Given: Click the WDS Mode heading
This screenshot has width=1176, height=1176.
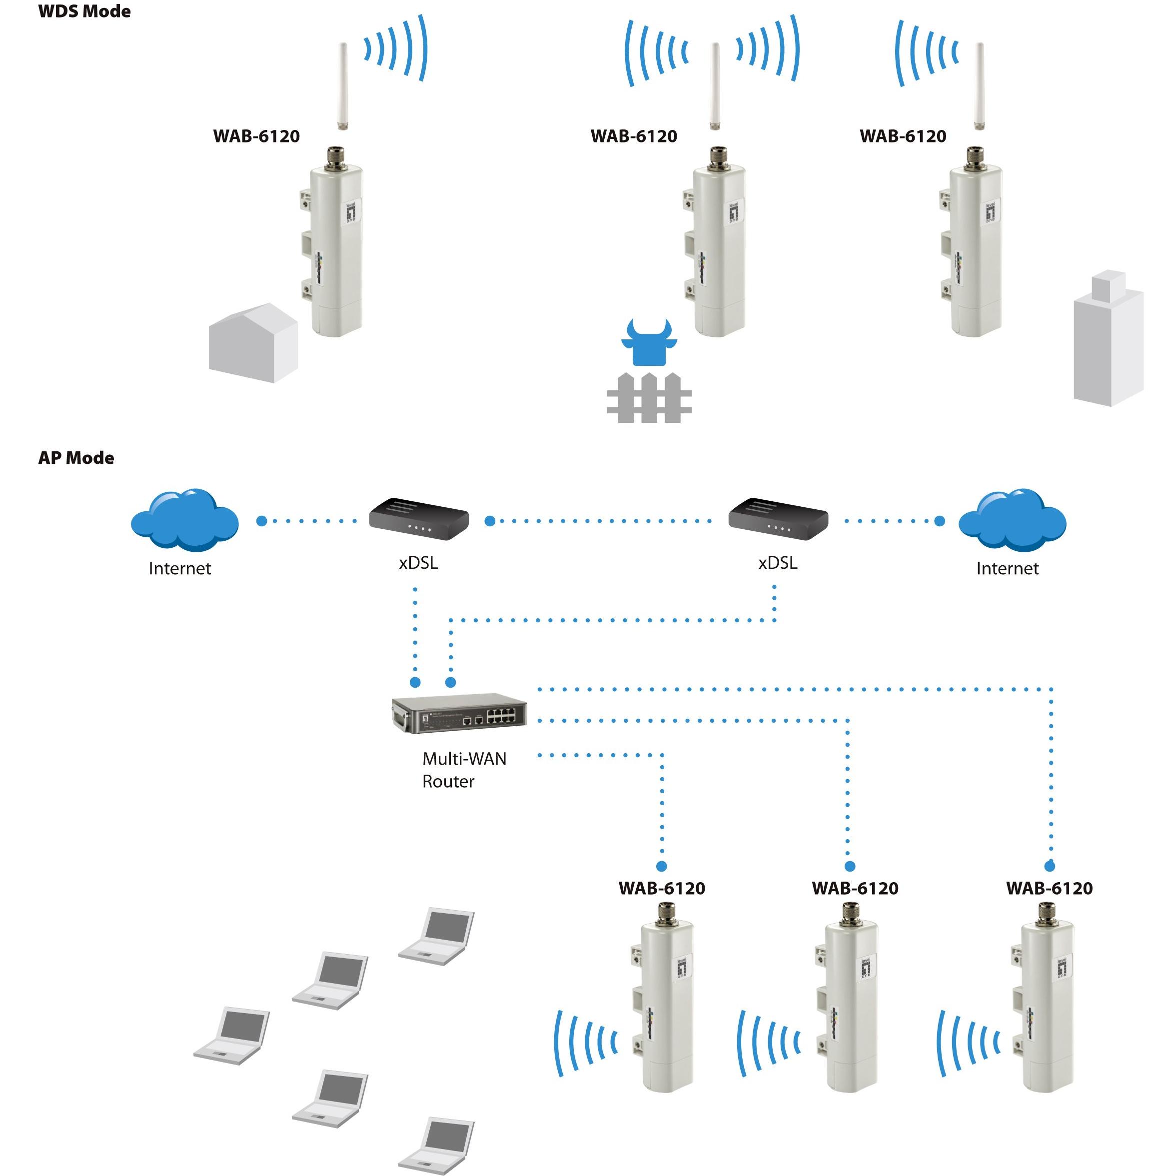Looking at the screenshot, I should pyautogui.click(x=84, y=11).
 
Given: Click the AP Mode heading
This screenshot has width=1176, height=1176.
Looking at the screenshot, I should pyautogui.click(x=76, y=458).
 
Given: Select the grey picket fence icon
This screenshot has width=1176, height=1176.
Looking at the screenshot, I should pyautogui.click(x=649, y=399).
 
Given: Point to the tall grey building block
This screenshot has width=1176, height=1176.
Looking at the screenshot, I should pyautogui.click(x=1109, y=341).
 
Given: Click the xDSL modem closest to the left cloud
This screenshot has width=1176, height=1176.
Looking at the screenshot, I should pyautogui.click(x=419, y=519).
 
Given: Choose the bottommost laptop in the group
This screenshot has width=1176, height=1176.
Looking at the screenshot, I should pyautogui.click(x=436, y=1145).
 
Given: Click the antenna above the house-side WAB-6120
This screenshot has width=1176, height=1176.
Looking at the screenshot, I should pyautogui.click(x=343, y=85).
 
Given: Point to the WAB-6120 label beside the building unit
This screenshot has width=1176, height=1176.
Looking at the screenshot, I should pyautogui.click(x=903, y=136).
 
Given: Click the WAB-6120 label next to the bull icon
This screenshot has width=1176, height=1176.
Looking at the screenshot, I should pyautogui.click(x=634, y=136).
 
